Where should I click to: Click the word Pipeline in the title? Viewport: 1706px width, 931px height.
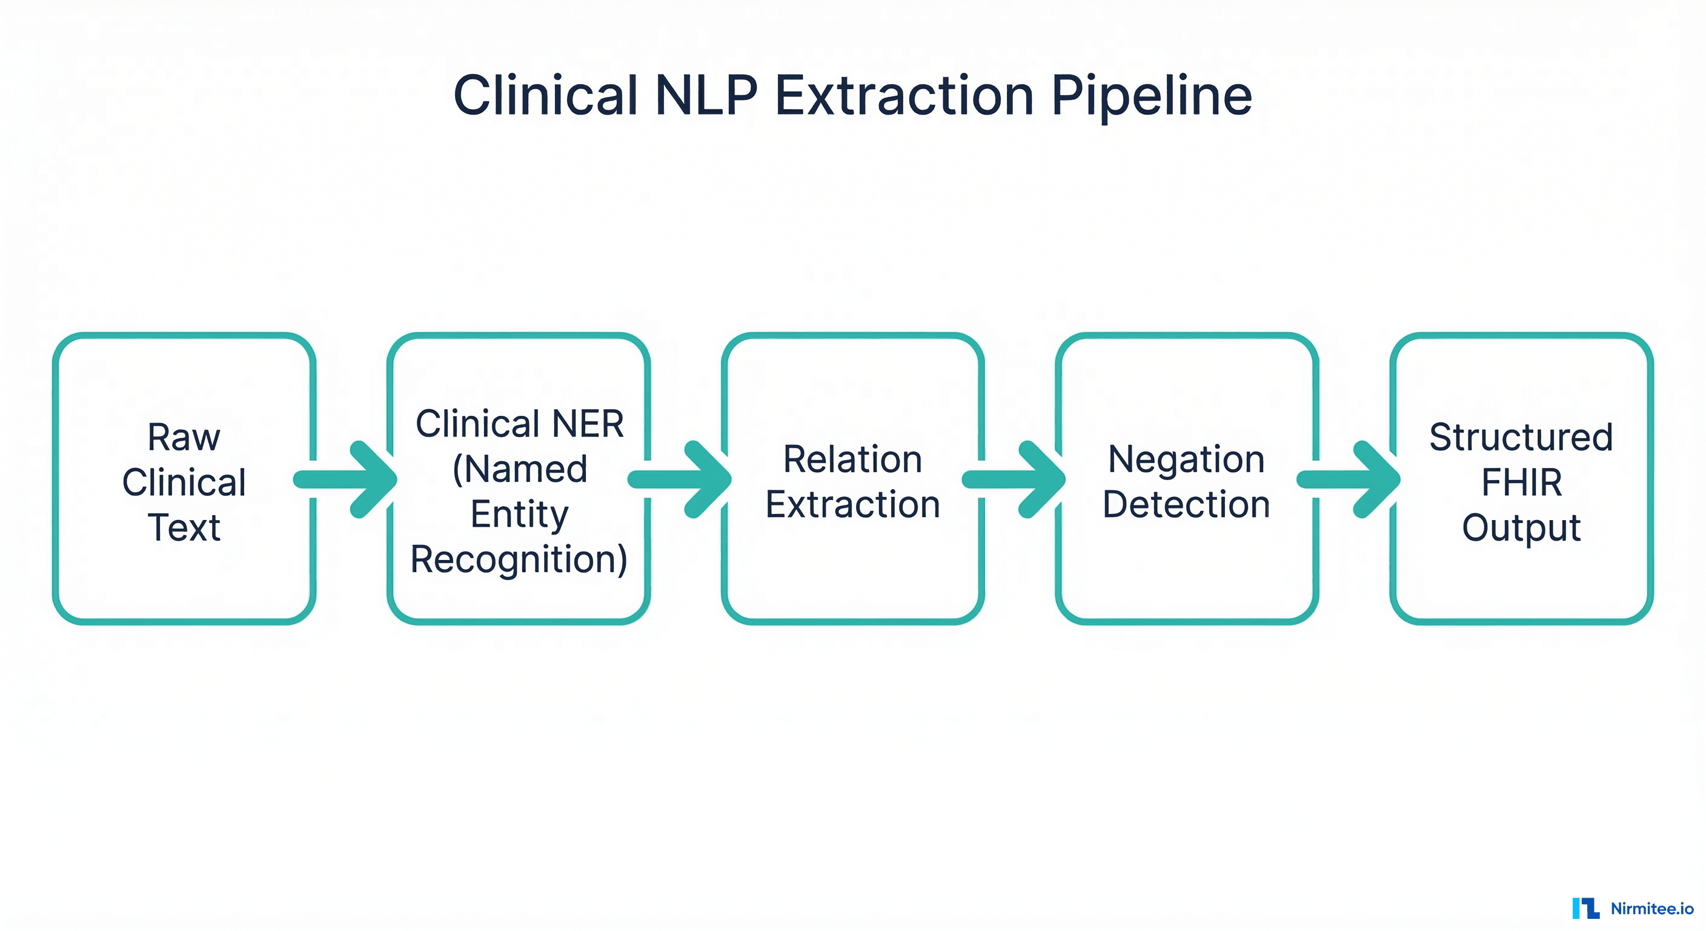coord(1151,96)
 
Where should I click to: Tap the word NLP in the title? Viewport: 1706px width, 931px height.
coord(706,96)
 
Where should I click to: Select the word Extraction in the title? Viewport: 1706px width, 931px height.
coord(904,96)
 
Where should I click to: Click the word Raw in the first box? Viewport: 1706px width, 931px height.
coord(184,438)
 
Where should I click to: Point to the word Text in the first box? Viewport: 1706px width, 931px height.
coord(184,527)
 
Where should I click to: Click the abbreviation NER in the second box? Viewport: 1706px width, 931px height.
coord(588,424)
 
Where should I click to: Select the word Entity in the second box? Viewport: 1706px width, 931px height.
coord(519,514)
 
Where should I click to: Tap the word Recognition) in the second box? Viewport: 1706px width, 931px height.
coord(519,560)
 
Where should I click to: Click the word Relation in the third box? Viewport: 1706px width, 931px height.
coord(852,459)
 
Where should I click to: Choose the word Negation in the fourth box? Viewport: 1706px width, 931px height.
coord(1186,459)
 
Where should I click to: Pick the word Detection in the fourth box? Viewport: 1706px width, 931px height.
coord(1186,504)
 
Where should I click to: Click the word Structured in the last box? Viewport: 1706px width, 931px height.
coord(1521,438)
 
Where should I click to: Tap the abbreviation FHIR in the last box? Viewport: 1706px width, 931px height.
coord(1521,482)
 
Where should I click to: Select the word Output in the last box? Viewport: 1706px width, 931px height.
coord(1521,527)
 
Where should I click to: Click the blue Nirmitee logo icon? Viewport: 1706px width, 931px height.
coord(1585,908)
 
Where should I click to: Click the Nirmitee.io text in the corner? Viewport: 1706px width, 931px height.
coord(1651,909)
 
